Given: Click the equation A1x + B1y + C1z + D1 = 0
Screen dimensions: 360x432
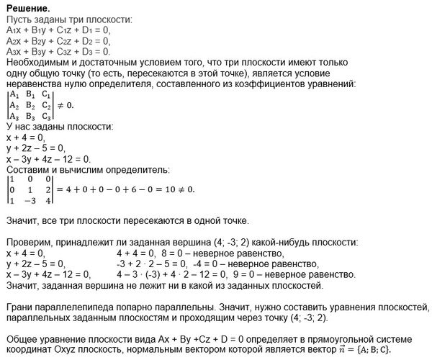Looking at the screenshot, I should pyautogui.click(x=56, y=30).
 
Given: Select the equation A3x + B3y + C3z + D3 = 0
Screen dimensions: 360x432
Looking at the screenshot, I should pyautogui.click(x=56, y=52).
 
